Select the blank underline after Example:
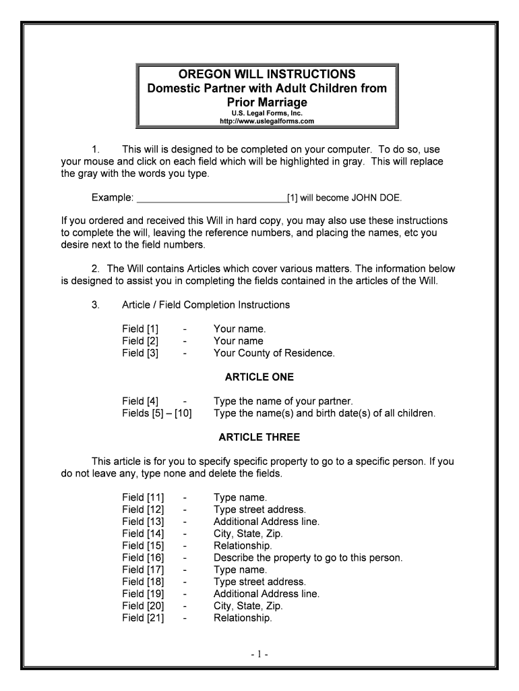tap(212, 198)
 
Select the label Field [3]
tap(140, 353)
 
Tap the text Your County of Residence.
tap(274, 353)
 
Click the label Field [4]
tap(140, 401)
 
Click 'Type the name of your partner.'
tap(283, 401)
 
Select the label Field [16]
tap(143, 557)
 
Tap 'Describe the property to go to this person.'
tap(308, 557)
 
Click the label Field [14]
tap(143, 533)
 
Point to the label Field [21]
tap(143, 617)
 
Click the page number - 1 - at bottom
tap(259, 655)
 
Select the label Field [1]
tap(140, 329)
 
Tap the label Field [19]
tap(143, 594)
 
